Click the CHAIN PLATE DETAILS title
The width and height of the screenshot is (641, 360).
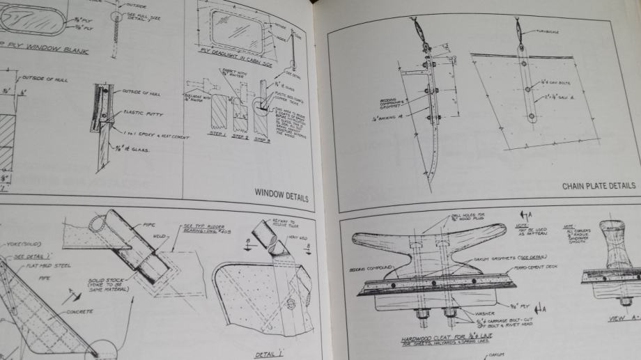pos(598,186)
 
